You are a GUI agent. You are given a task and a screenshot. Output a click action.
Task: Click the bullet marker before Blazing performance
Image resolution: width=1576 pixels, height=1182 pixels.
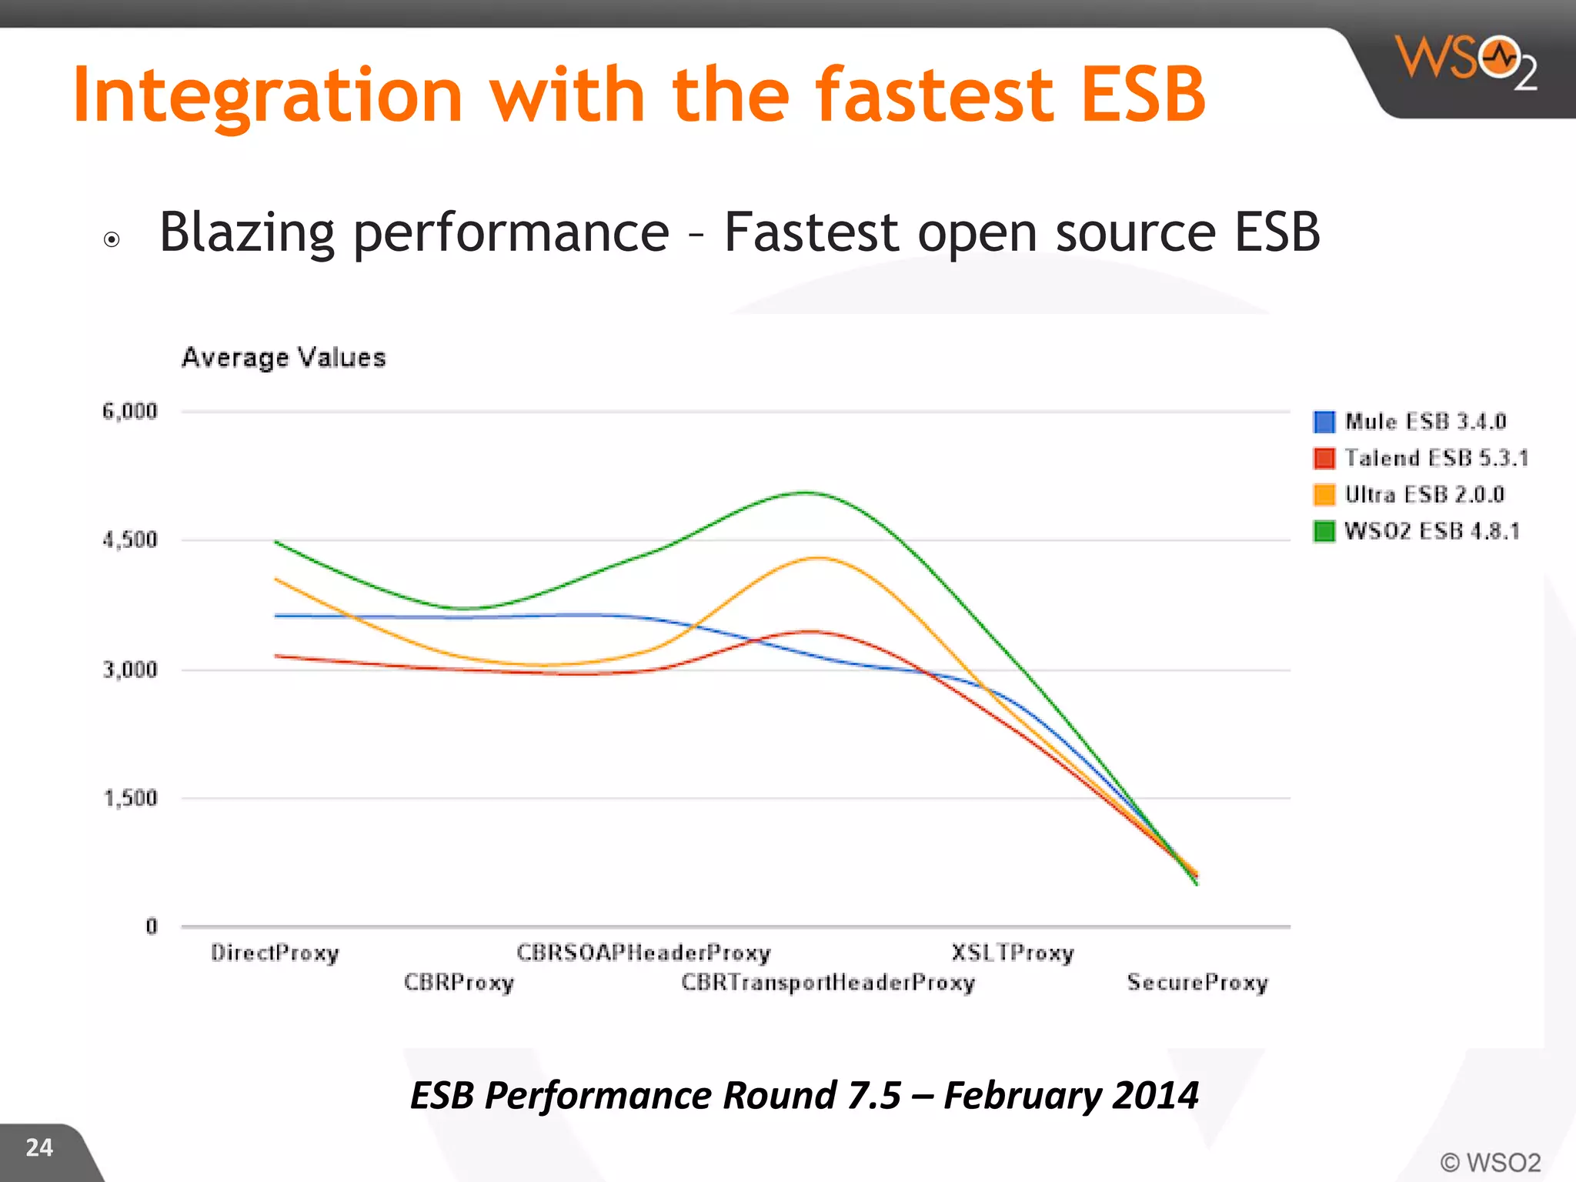[x=112, y=239]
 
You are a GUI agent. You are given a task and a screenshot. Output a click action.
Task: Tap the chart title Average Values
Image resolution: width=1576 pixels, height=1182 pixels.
[x=283, y=358]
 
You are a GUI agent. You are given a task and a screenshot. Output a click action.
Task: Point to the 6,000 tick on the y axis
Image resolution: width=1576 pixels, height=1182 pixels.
[x=130, y=412]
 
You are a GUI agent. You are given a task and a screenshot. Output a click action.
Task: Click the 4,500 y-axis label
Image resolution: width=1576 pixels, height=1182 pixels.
[x=130, y=540]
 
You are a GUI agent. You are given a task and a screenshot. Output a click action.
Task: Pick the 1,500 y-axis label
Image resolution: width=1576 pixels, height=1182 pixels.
[x=130, y=798]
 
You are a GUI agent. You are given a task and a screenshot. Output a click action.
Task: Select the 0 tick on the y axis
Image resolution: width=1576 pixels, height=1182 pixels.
[x=152, y=927]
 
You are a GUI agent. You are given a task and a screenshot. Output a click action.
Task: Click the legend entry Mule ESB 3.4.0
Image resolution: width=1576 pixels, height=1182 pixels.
[x=1424, y=422]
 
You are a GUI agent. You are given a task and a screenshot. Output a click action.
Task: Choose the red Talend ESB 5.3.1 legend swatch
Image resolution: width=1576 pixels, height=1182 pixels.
[x=1324, y=459]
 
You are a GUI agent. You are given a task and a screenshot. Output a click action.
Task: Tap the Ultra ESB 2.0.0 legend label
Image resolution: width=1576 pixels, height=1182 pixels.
[x=1424, y=495]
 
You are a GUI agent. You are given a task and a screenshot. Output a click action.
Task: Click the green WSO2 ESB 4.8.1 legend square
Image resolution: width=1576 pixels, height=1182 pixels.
[x=1324, y=531]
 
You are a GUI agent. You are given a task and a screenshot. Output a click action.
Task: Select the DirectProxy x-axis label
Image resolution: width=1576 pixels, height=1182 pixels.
[x=275, y=953]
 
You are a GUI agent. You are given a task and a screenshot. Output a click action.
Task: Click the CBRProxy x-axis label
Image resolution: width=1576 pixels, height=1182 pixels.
[x=459, y=983]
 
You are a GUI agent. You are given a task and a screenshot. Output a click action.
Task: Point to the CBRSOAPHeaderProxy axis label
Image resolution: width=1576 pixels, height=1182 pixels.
[x=643, y=953]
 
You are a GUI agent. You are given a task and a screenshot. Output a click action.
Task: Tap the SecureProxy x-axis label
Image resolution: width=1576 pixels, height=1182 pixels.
[x=1197, y=983]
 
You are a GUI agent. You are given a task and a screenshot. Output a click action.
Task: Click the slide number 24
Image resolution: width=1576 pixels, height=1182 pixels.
[x=39, y=1147]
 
